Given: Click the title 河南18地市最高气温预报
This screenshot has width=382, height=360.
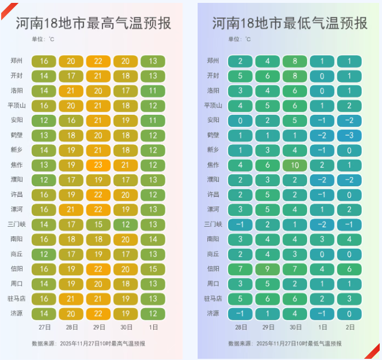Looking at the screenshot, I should pos(92,24).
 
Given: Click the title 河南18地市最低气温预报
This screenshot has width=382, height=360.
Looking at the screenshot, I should pos(289,24).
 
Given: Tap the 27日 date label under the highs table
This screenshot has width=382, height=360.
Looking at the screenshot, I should pos(44,327).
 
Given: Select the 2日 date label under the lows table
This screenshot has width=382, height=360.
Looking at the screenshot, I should pos(350,327).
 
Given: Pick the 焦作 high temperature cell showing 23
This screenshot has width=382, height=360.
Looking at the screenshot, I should pos(99,165).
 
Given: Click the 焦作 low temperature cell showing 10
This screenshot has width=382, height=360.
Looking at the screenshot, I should pos(295,165).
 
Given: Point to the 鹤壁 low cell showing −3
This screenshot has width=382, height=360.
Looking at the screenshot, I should pos(350,135).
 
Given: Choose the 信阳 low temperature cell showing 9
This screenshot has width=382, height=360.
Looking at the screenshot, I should pos(268,269).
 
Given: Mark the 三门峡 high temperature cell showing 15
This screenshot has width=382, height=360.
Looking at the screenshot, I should pos(99,224).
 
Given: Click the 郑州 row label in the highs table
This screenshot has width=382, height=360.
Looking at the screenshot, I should pos(17,61).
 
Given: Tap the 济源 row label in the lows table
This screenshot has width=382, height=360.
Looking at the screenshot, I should pos(213,313).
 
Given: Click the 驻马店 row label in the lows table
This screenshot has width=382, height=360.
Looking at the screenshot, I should pos(211,299).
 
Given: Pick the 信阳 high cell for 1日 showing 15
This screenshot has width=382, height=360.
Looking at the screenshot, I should pos(153,269).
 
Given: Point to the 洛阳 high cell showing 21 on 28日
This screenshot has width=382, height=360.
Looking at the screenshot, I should pos(71,91).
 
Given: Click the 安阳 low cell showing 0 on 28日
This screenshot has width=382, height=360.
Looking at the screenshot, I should pos(240,120).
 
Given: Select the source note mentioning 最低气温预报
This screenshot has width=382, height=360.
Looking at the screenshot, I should pos(285,343).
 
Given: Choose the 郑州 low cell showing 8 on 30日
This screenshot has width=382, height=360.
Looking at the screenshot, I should pos(295,61).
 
